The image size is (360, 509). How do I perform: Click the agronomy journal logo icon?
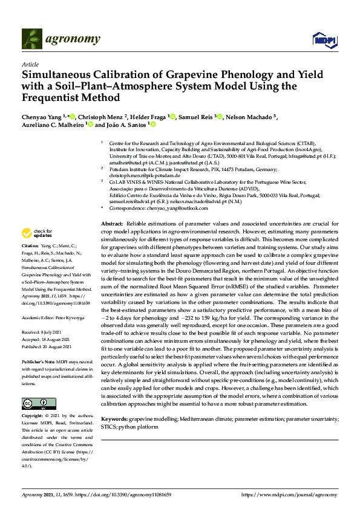[x=32, y=39]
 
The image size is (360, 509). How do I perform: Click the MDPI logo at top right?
[x=324, y=40]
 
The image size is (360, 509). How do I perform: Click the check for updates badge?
[x=38, y=233]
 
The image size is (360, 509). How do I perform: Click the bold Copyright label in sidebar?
[x=34, y=417]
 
